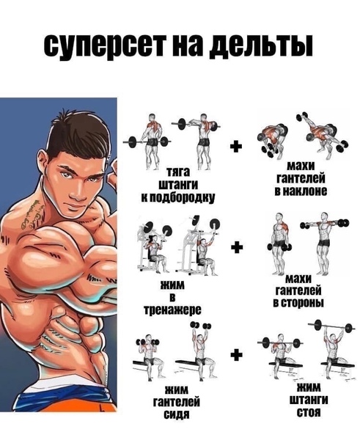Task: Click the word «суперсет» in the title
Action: click(104, 45)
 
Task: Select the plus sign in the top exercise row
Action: click(236, 147)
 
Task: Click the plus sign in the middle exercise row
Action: click(237, 247)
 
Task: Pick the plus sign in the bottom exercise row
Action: click(237, 354)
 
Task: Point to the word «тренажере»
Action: click(173, 310)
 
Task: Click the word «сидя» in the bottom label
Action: click(177, 414)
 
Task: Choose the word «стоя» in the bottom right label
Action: click(309, 412)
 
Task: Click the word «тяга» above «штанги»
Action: click(178, 172)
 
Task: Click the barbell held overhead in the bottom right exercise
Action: click(331, 326)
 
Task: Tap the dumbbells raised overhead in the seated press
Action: click(201, 326)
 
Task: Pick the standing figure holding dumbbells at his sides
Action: click(279, 244)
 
